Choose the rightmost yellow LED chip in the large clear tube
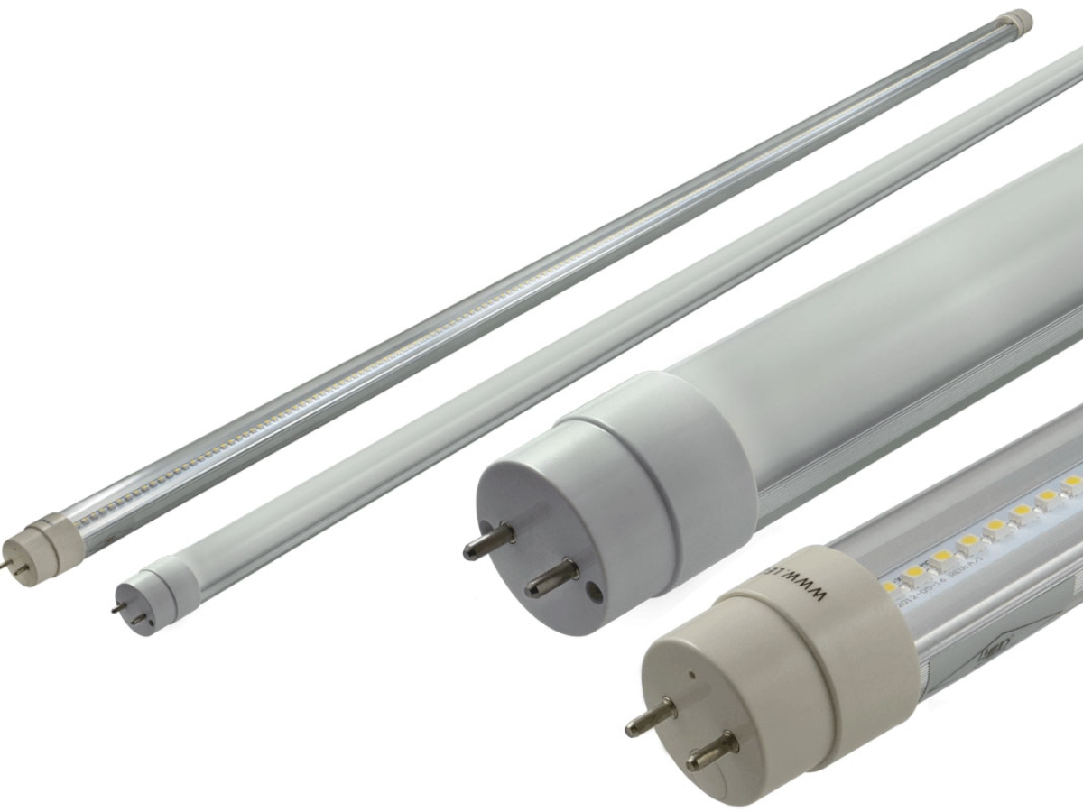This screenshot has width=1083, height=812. coord(1072,483)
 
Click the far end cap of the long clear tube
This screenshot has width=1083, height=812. coord(1018,19)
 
